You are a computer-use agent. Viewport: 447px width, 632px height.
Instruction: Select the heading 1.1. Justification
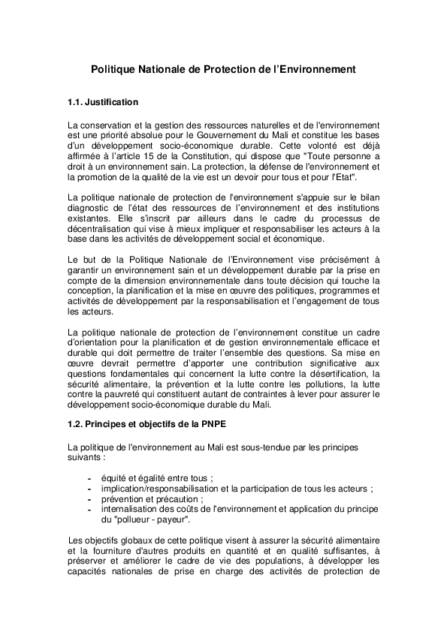point(103,101)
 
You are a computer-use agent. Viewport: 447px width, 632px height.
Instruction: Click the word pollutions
point(322,384)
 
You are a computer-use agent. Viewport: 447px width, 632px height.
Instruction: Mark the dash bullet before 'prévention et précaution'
point(90,498)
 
